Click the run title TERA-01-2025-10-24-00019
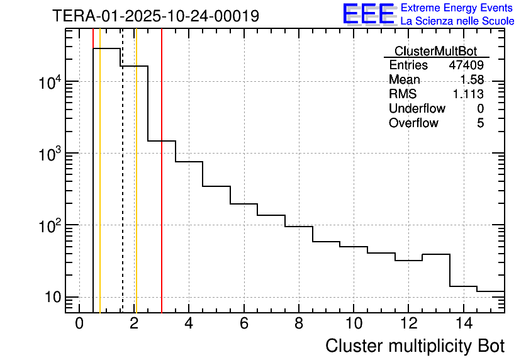point(155,16)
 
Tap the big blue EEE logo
point(369,14)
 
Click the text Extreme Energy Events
point(457,8)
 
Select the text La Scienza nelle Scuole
point(457,21)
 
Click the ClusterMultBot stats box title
point(435,51)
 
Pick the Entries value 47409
point(466,65)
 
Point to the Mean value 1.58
point(472,80)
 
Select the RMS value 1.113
point(468,94)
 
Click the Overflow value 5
point(480,123)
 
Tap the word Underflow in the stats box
point(417,109)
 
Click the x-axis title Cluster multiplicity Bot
point(415,346)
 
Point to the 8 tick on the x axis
point(299,323)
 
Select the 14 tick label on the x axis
point(462,323)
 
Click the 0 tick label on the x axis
point(79,323)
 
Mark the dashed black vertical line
point(122,189)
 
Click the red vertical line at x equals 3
point(162,189)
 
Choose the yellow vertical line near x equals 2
point(136,189)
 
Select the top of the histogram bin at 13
point(436,254)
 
